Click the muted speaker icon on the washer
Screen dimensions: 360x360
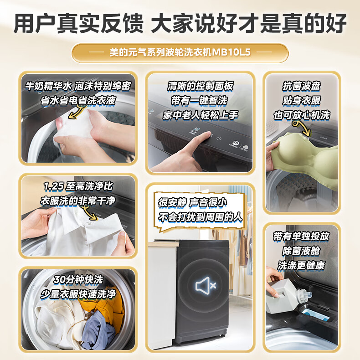[x=206, y=285]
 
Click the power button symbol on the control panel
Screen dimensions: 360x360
[x=219, y=139]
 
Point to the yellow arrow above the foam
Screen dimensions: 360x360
[x=77, y=112]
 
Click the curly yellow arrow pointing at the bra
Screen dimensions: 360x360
[x=302, y=129]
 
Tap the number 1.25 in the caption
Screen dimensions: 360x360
[x=54, y=186]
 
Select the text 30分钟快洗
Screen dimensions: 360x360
[x=78, y=280]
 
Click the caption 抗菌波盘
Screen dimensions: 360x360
[x=301, y=86]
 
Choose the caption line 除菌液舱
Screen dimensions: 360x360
[x=301, y=251]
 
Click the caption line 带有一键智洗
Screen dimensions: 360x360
[x=199, y=101]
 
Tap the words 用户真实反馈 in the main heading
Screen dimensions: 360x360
[x=78, y=23]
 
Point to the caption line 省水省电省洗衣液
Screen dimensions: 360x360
[x=78, y=101]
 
